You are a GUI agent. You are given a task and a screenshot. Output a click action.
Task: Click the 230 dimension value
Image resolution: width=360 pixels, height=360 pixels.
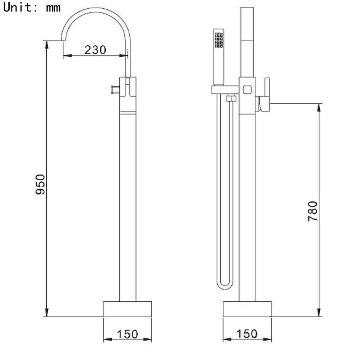coord(95,50)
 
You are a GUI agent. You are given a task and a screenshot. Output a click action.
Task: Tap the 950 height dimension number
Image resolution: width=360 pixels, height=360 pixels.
coord(40,184)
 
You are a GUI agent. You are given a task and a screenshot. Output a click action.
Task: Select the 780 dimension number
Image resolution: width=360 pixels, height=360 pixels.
coord(313,211)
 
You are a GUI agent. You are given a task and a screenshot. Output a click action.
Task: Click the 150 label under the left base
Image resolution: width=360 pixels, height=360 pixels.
coord(128,334)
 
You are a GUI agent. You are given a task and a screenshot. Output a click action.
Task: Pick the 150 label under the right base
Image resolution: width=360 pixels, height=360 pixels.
coord(247,334)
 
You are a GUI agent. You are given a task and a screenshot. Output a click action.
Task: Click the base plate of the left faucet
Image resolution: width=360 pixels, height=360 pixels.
coord(128,309)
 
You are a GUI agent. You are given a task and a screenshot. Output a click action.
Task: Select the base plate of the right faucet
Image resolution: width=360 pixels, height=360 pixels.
coord(247,309)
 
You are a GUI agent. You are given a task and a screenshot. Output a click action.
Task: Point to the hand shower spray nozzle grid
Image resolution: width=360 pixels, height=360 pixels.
coord(218,40)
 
